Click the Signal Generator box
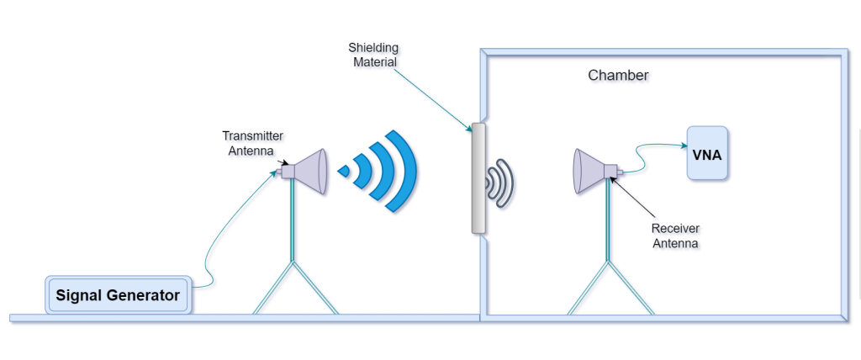117,295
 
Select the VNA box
707,154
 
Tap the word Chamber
618,76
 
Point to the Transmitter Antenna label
252,143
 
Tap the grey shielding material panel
479,177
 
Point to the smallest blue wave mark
344,172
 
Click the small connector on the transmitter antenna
278,171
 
